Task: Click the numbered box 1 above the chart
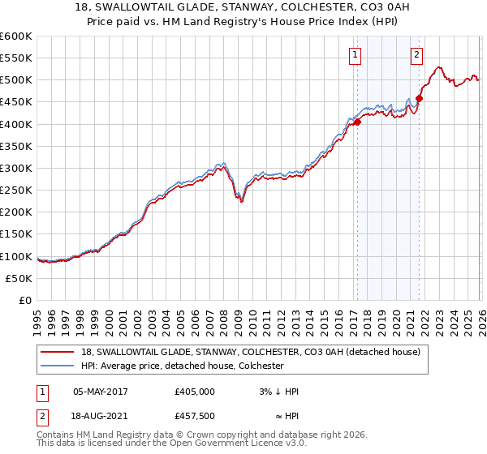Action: tap(356, 55)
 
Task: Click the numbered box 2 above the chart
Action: tap(416, 55)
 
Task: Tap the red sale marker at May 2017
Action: tap(356, 122)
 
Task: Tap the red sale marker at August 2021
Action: tap(419, 99)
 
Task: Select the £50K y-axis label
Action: tap(19, 278)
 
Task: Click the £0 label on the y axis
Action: tap(25, 300)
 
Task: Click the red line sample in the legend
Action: tap(58, 352)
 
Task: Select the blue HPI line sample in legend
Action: tap(58, 366)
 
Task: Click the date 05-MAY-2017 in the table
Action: tap(101, 392)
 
